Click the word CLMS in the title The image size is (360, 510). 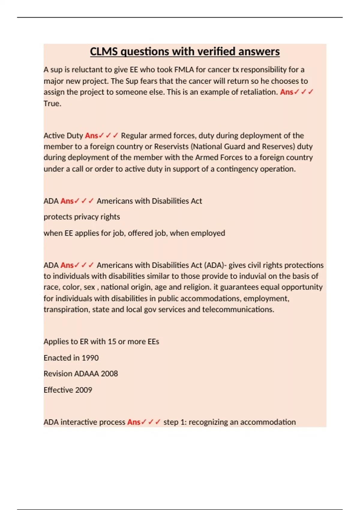104,52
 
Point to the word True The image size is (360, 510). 52,103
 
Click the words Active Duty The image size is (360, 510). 63,136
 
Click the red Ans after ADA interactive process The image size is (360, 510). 133,422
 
